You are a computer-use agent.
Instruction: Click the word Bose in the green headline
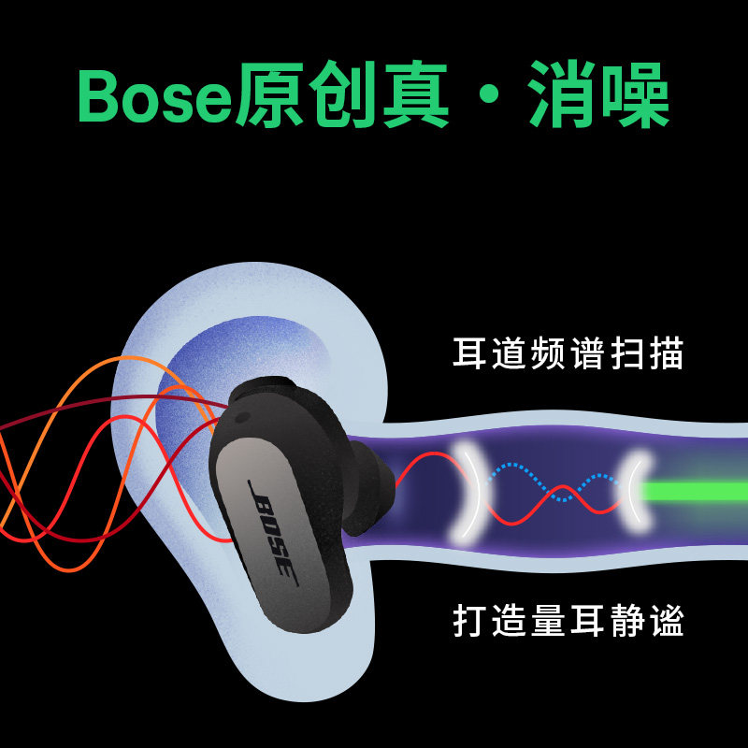click(x=154, y=96)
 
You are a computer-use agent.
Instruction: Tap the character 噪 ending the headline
click(x=634, y=96)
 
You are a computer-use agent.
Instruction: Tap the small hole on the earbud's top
click(x=245, y=411)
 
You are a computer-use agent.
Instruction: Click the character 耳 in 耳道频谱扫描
click(x=470, y=354)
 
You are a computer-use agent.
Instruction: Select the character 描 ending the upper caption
click(x=666, y=354)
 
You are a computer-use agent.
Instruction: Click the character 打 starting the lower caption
click(x=470, y=620)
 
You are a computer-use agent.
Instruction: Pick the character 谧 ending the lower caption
click(x=666, y=620)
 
